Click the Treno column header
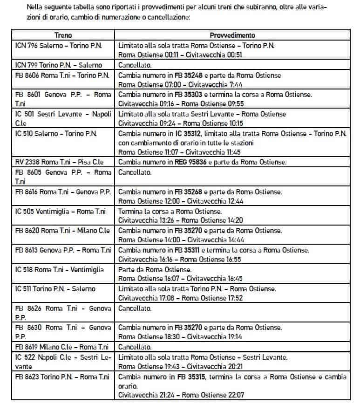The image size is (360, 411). (x=63, y=35)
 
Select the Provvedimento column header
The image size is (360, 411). (x=232, y=35)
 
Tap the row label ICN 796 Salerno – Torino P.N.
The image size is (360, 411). (x=59, y=46)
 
